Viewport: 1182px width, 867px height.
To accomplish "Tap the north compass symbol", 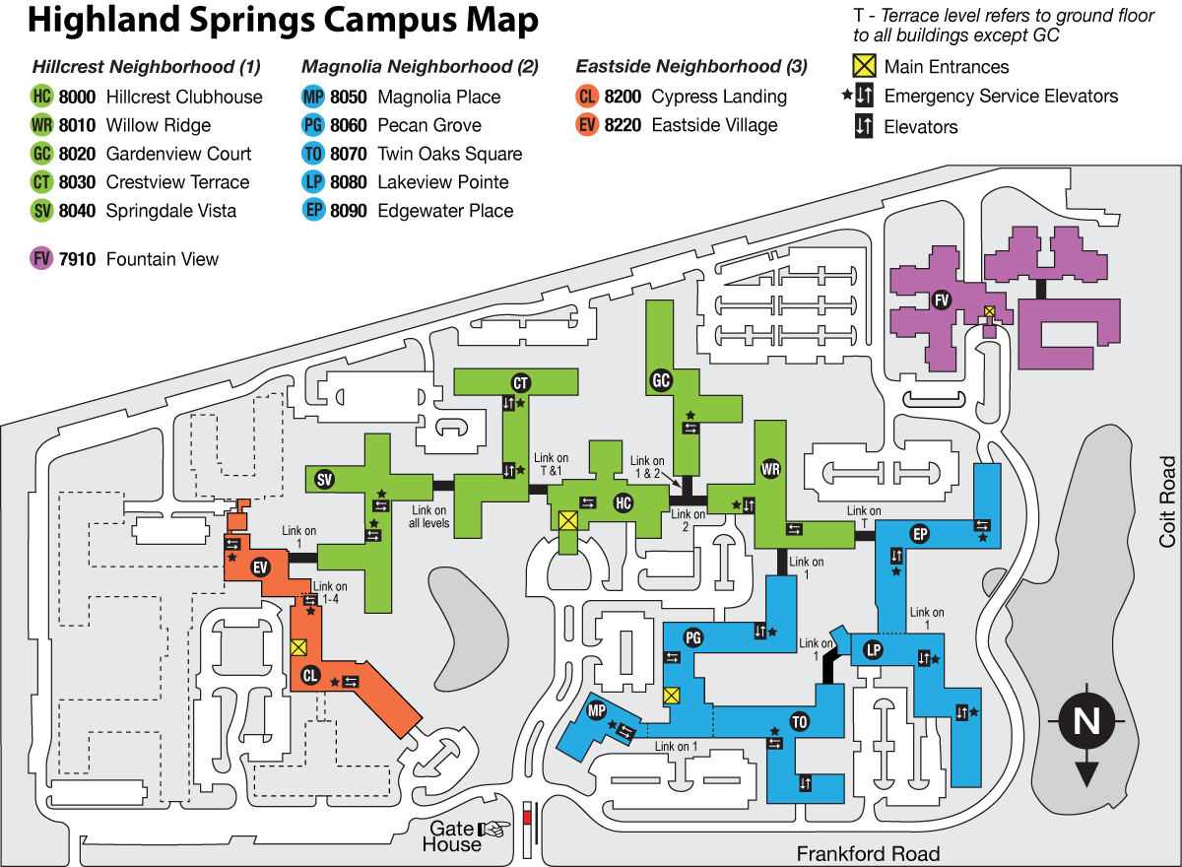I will coord(1086,724).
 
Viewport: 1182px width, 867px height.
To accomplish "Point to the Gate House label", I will coord(452,836).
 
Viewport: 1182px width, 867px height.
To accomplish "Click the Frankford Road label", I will coord(868,853).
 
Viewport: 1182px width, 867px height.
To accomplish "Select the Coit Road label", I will coord(1167,501).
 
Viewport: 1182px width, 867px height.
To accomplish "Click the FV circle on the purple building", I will coord(941,300).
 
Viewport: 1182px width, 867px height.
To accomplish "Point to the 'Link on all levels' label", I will coord(430,516).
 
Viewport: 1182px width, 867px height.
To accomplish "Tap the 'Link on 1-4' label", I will coord(330,592).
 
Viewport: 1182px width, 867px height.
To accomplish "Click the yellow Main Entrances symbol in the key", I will coord(863,67).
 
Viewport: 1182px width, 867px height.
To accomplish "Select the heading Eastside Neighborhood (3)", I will coord(691,67).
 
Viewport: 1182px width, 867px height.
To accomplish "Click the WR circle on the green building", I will coord(770,469).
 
